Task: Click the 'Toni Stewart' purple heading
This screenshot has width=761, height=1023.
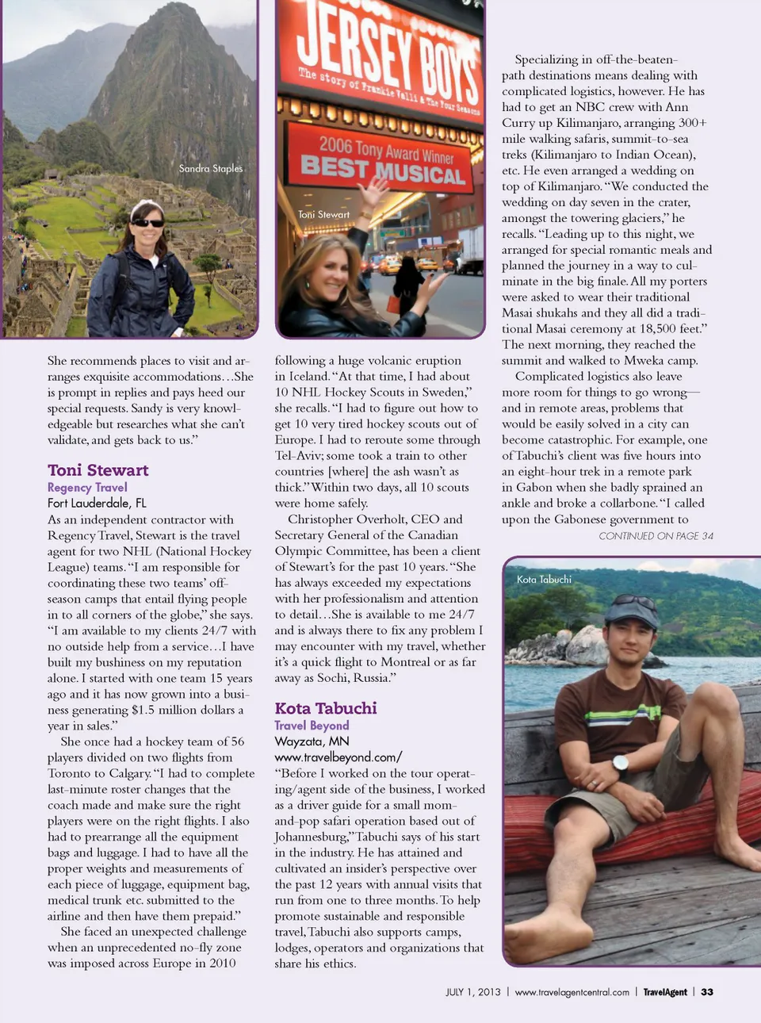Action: (98, 470)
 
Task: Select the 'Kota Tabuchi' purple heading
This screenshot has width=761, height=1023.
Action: (326, 708)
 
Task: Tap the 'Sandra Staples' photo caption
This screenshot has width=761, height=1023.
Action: (211, 168)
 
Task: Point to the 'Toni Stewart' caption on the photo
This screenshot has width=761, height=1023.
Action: (323, 214)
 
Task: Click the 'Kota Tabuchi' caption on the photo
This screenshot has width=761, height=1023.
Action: (544, 580)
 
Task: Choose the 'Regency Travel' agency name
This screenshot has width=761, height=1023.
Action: (87, 487)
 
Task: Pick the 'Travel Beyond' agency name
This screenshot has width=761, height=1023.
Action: (312, 725)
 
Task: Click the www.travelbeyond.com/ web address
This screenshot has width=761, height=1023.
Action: (338, 757)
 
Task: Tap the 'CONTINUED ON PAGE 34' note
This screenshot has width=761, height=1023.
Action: (656, 536)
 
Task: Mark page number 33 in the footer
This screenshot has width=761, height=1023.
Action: (707, 992)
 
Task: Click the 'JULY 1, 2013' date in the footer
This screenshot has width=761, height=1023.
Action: (473, 992)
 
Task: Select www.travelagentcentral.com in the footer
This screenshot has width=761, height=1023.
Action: (572, 992)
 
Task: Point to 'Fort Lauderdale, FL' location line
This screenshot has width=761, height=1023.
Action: (97, 503)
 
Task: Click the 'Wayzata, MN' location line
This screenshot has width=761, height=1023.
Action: (312, 741)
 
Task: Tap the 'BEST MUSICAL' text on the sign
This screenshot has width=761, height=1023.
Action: (382, 170)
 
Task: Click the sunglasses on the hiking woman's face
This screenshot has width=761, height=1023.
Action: (148, 223)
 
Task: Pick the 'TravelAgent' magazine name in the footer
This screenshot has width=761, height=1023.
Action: (665, 992)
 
